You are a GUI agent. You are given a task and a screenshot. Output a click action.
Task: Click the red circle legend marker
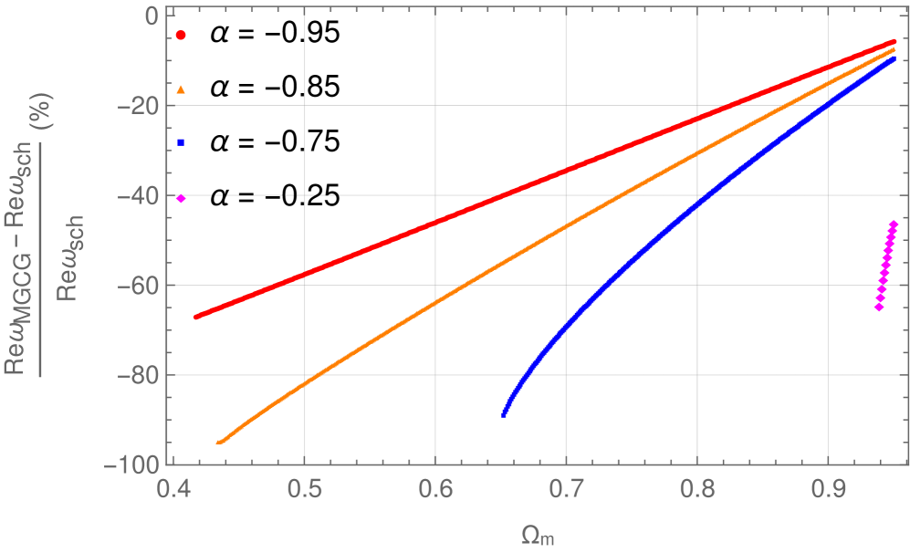181,35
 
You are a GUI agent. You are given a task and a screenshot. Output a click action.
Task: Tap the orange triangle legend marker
181,89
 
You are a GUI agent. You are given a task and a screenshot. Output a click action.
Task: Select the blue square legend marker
181,142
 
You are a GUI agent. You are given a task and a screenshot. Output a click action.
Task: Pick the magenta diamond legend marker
181,198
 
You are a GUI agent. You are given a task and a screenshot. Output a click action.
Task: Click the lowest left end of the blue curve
504,414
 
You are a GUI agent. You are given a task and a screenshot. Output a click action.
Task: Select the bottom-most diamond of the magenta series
879,308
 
